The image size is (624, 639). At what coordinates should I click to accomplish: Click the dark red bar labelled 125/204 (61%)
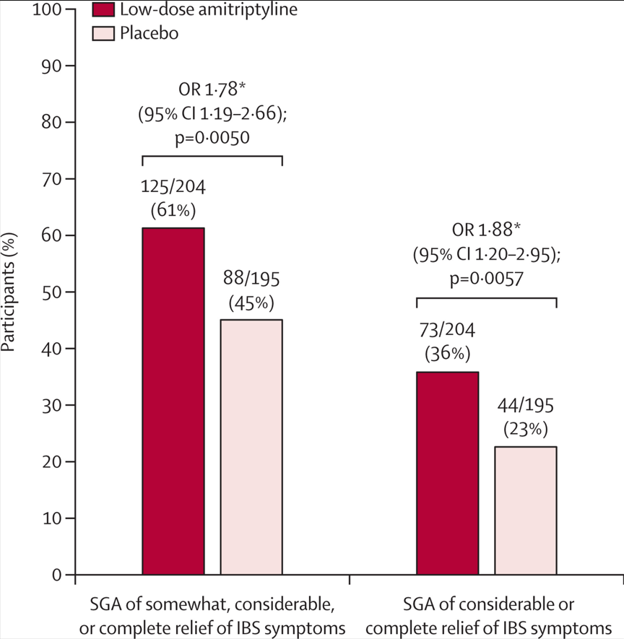coord(173,401)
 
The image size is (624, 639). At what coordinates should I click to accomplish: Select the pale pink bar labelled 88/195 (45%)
coord(251,447)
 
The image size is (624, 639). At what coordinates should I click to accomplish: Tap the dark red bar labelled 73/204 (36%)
coord(447,473)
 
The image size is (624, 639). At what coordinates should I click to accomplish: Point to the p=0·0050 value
coord(212,137)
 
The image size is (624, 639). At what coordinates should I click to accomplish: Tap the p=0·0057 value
coord(487,279)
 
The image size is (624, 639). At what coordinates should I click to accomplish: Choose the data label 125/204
coord(173,188)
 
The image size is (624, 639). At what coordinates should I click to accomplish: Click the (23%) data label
coord(525,430)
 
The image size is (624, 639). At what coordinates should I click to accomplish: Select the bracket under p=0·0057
coord(487,297)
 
